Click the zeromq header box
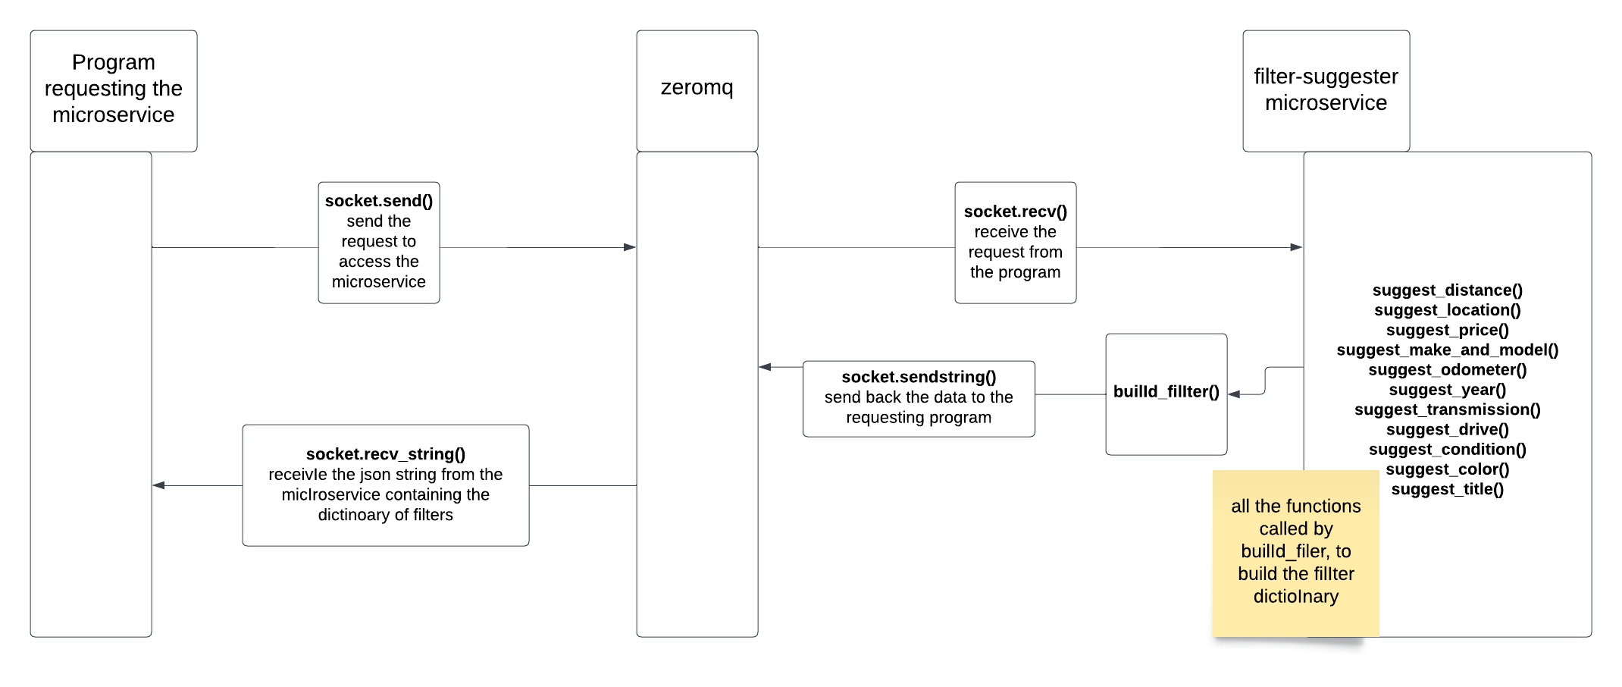point(697,90)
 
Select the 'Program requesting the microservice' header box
point(114,90)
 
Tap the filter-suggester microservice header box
point(1326,90)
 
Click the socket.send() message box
point(378,242)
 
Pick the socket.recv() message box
point(1015,242)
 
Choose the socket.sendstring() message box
point(919,398)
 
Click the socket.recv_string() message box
point(385,485)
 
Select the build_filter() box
point(1166,394)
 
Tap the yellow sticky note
point(1295,552)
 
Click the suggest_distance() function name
point(1447,290)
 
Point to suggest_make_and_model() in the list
point(1447,350)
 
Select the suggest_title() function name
point(1447,489)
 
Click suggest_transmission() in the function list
point(1447,409)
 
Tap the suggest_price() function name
point(1447,330)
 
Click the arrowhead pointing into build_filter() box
point(1234,394)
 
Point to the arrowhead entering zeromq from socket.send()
point(630,247)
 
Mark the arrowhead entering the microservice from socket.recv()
point(1297,247)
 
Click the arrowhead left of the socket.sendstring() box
point(765,367)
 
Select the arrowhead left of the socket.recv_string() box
point(158,485)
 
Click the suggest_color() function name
point(1447,469)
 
